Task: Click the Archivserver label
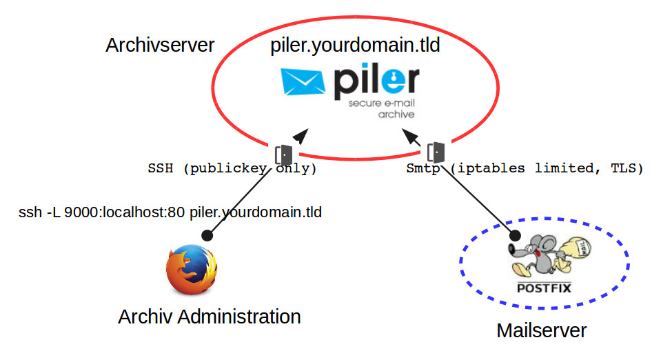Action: [160, 46]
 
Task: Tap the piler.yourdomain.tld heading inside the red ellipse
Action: [356, 46]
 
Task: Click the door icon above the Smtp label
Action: [436, 152]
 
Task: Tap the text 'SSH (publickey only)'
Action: [232, 168]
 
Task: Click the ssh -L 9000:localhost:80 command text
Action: [170, 212]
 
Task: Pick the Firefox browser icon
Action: [191, 269]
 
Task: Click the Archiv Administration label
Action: [210, 317]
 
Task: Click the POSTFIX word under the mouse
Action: [544, 288]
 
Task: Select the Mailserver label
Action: [541, 330]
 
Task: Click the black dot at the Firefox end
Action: [207, 235]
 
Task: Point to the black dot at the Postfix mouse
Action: [514, 237]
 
